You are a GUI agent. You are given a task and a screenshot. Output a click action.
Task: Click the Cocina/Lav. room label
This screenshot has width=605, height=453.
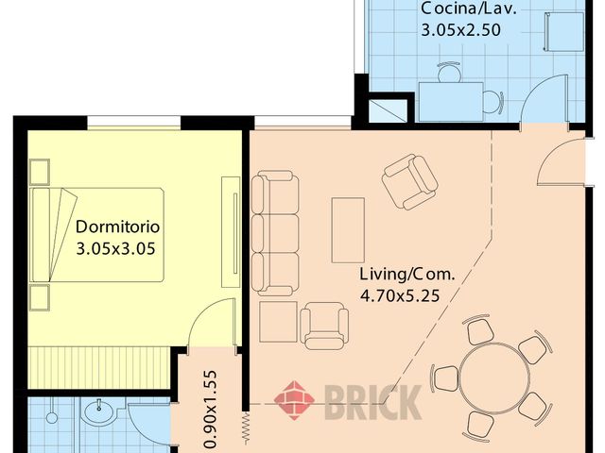(460, 9)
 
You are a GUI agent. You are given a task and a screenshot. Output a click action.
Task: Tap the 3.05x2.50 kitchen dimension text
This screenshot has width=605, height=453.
(460, 29)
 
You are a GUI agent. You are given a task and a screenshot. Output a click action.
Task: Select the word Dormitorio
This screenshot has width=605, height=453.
(118, 227)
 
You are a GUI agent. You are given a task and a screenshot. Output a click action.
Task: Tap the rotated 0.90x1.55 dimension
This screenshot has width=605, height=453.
(212, 407)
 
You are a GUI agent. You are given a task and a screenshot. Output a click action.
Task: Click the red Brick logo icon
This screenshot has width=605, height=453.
(294, 400)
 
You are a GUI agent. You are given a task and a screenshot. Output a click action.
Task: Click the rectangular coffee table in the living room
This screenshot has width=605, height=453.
(348, 229)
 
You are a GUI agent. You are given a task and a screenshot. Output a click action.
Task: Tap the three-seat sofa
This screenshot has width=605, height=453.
(274, 232)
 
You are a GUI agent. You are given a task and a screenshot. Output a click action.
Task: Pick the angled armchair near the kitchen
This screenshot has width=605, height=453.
(409, 182)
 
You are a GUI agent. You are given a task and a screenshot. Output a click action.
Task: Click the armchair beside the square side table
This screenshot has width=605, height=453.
(323, 324)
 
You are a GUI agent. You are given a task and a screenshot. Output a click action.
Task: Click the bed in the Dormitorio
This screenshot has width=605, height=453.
(99, 234)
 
